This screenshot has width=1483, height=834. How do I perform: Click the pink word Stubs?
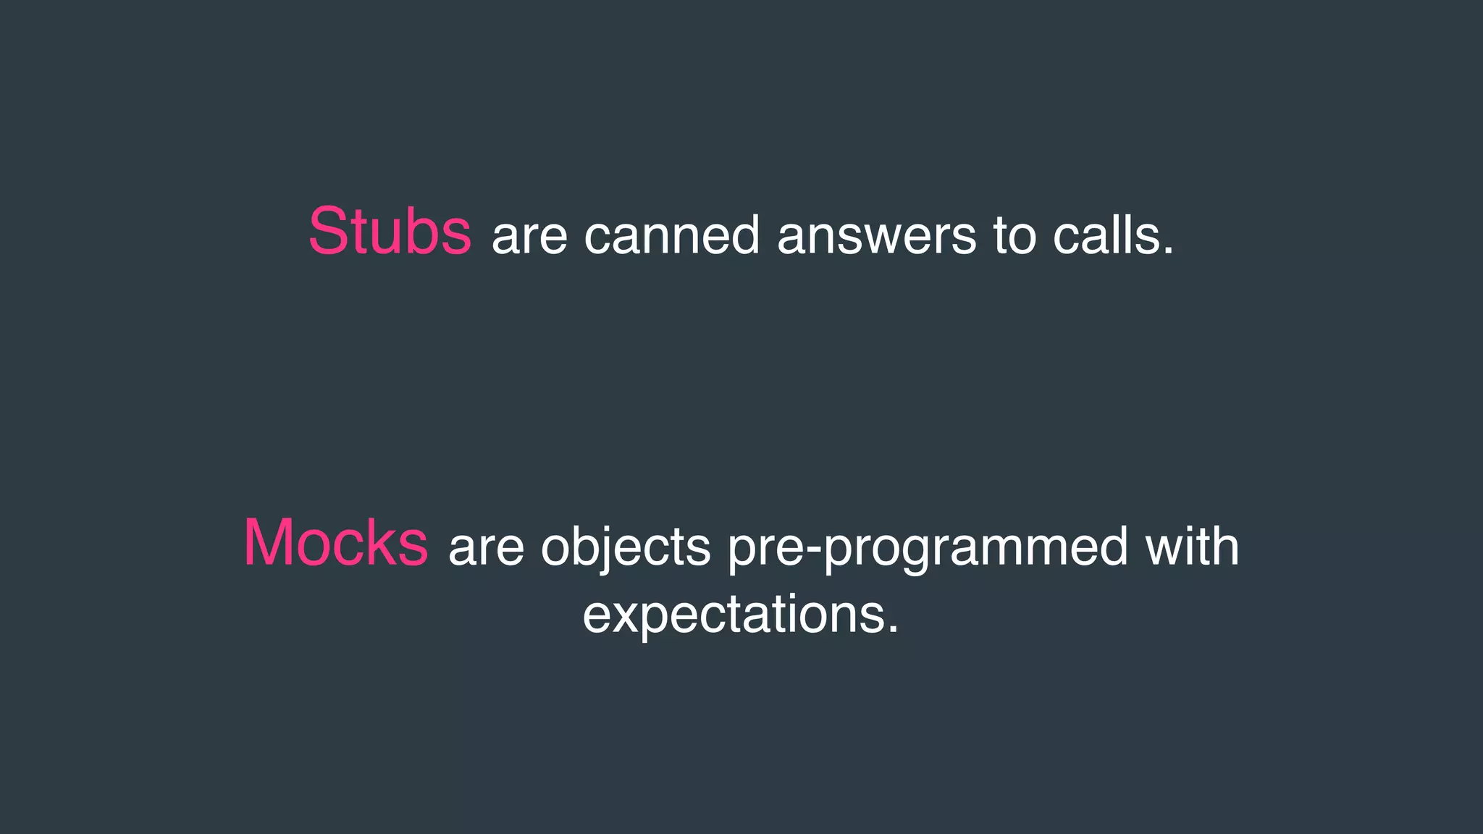390,232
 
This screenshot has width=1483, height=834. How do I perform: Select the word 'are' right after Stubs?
529,236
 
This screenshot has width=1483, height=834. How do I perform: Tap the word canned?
672,236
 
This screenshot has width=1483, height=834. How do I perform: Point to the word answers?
876,236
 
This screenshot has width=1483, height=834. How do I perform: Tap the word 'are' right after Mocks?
486,547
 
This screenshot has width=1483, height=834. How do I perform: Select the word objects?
626,549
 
